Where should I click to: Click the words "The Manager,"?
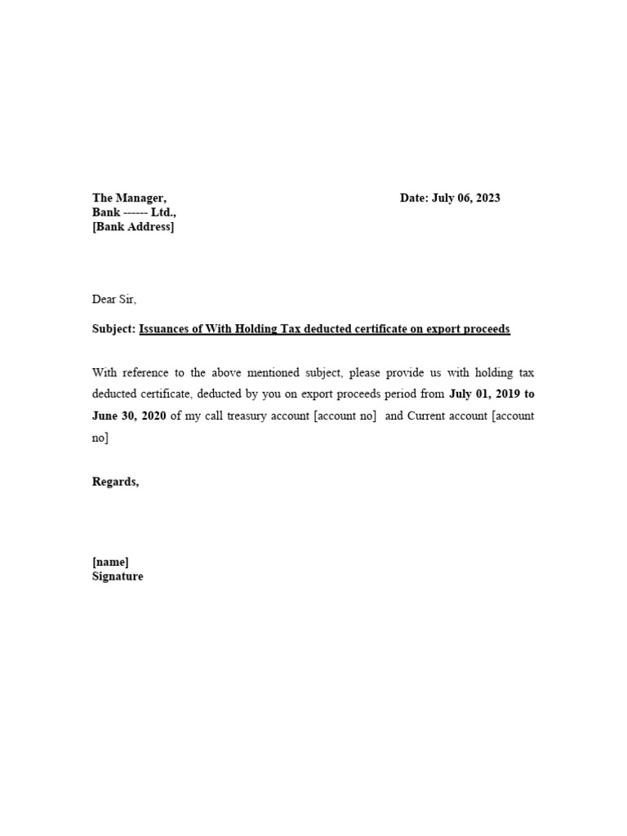coord(130,198)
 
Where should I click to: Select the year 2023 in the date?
coord(487,198)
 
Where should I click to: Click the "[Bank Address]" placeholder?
coord(133,227)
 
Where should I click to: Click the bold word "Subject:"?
coord(113,329)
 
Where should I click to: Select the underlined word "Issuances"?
coord(167,329)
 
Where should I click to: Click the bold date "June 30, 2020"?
coord(129,416)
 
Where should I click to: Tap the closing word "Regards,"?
coord(116,482)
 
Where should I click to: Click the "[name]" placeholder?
coord(110,562)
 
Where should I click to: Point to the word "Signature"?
coord(118,576)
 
